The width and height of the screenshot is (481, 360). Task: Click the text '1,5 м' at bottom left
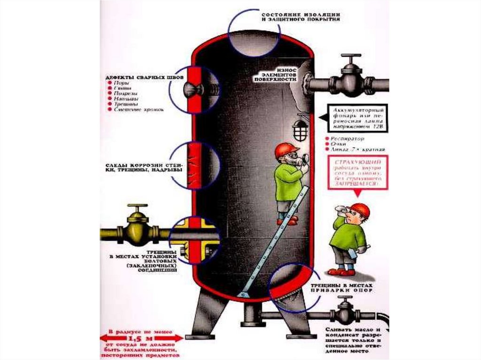click(x=141, y=338)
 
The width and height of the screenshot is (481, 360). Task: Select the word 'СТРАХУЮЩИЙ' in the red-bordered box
click(x=358, y=161)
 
